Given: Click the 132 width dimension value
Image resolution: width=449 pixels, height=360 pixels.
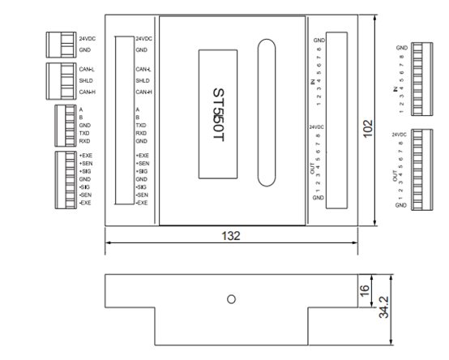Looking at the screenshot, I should point(233,235).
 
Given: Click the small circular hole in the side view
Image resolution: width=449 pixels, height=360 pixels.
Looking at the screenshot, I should point(232,299).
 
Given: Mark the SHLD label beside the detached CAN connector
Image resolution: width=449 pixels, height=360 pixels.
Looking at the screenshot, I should point(85,80).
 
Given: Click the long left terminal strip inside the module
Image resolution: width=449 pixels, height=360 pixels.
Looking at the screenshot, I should point(124,119).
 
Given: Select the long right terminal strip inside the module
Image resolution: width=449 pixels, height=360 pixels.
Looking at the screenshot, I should point(337,120).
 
